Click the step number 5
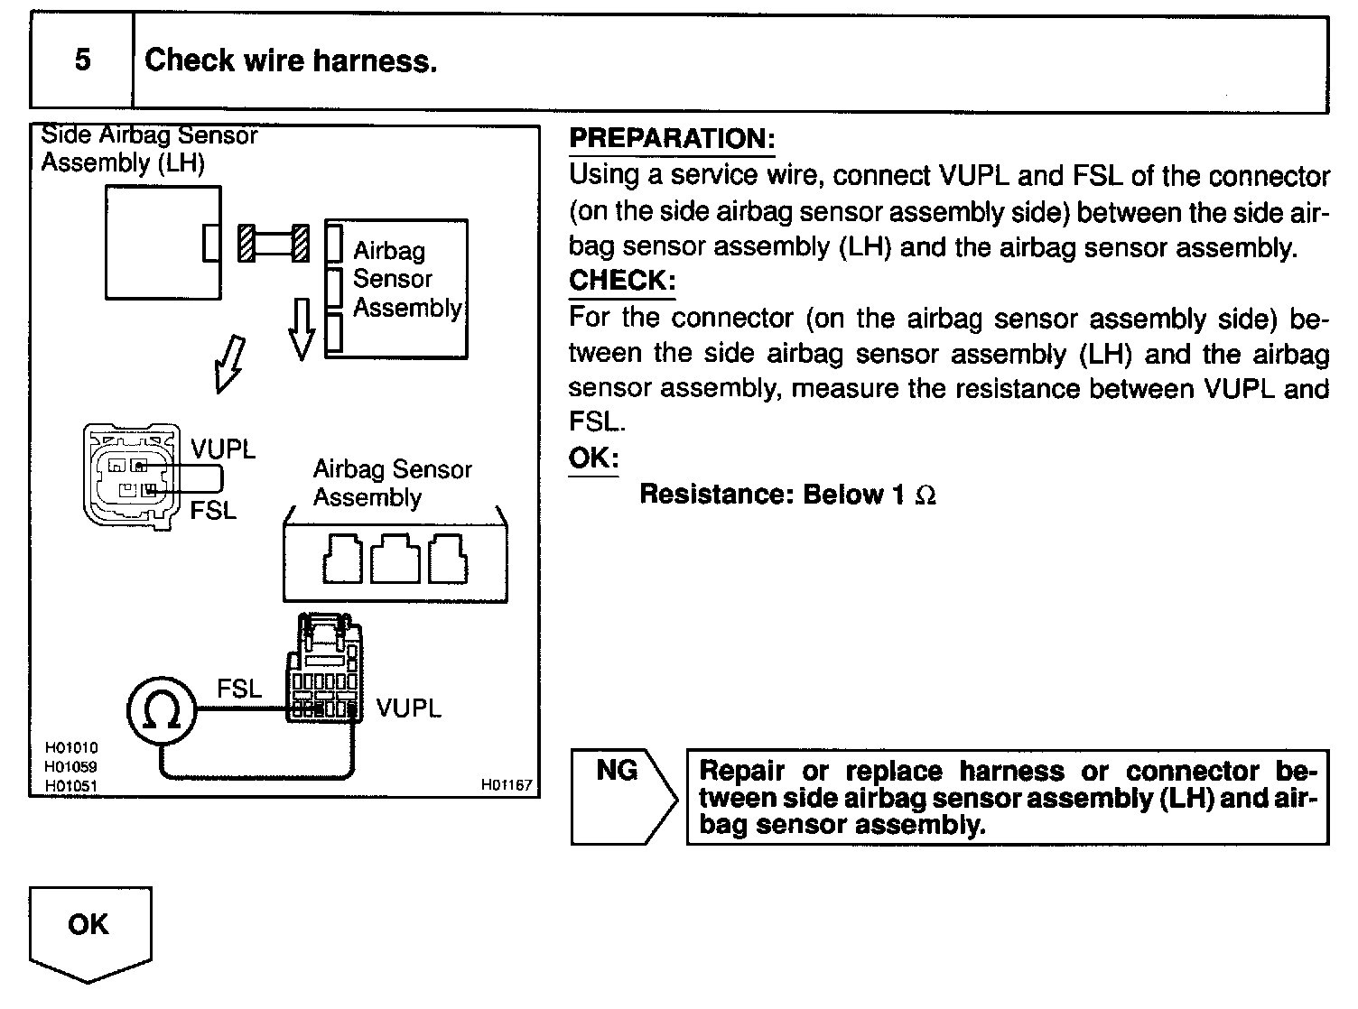pyautogui.click(x=82, y=60)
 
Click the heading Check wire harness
pyautogui.click(x=291, y=60)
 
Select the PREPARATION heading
pyautogui.click(x=672, y=139)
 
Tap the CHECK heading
pyautogui.click(x=621, y=281)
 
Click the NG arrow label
pyautogui.click(x=617, y=771)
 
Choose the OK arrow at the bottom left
pyautogui.click(x=89, y=930)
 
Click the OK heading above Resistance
pyautogui.click(x=593, y=458)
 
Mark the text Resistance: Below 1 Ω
pyautogui.click(x=787, y=495)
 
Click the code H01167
pyautogui.click(x=507, y=785)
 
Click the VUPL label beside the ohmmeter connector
pyautogui.click(x=409, y=708)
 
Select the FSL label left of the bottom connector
pyautogui.click(x=239, y=690)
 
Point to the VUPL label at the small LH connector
pyautogui.click(x=223, y=449)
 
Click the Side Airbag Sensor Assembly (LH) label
pyautogui.click(x=149, y=149)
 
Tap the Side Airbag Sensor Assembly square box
pyautogui.click(x=163, y=242)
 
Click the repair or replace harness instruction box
pyautogui.click(x=1007, y=797)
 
